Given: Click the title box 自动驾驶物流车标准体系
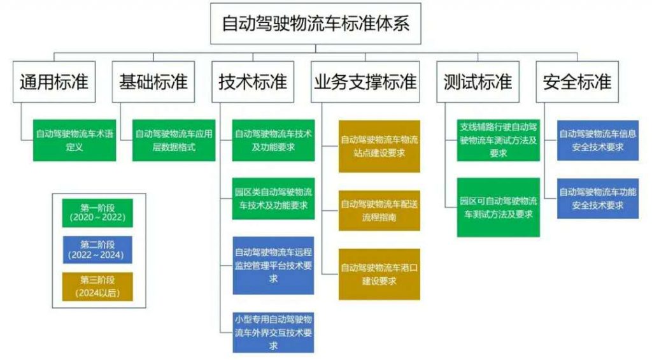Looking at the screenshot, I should [316, 24].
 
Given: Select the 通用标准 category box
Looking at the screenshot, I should [54, 82].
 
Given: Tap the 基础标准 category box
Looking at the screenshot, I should [153, 82].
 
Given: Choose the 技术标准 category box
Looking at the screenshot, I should [253, 82].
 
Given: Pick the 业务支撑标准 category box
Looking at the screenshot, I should [365, 82].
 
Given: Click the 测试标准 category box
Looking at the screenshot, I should [478, 82].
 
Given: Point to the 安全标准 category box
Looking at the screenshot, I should [577, 82].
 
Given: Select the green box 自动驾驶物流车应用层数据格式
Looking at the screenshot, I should [173, 140].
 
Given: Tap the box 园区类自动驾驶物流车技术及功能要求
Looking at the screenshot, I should [273, 198].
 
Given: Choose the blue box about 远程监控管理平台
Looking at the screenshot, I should [273, 265].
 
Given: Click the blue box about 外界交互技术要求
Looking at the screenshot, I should [273, 331].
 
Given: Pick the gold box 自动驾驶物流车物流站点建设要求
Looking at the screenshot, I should [379, 146].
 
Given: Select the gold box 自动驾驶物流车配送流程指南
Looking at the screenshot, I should [379, 210].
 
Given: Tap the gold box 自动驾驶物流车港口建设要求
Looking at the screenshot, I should [379, 274].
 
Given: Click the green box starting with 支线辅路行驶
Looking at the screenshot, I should [498, 140].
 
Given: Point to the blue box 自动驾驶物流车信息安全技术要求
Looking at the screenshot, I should [598, 140].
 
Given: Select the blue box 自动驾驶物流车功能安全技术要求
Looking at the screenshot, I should [598, 198].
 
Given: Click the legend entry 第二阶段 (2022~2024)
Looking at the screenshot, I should [97, 250].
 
